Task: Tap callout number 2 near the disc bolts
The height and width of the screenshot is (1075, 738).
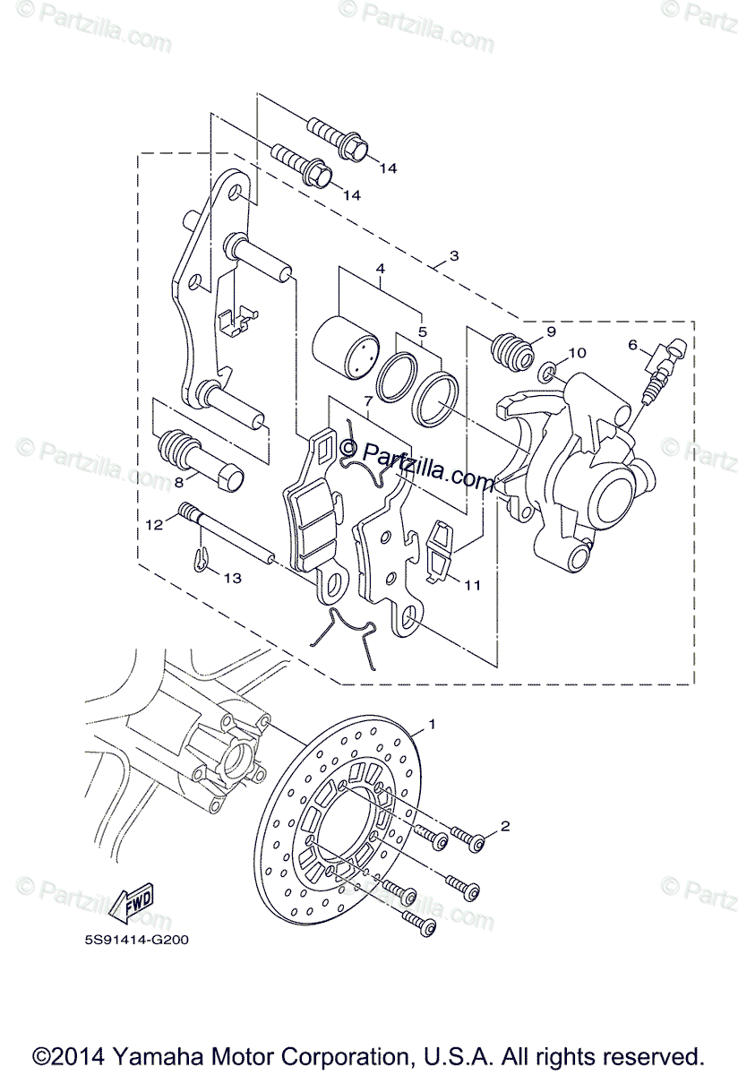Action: [x=505, y=826]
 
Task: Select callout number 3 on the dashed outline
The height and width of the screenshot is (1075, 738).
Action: [x=454, y=255]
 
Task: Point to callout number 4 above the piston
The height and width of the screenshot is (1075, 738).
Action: [x=380, y=269]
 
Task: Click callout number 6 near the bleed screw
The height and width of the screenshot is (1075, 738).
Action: [x=632, y=344]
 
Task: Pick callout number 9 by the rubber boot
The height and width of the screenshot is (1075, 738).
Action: [x=551, y=331]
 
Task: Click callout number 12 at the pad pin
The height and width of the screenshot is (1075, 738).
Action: [x=153, y=524]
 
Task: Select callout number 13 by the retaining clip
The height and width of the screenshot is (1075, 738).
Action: [x=232, y=579]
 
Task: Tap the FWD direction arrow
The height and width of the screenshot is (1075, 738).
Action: [x=132, y=903]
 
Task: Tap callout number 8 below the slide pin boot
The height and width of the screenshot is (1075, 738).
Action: [x=178, y=481]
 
